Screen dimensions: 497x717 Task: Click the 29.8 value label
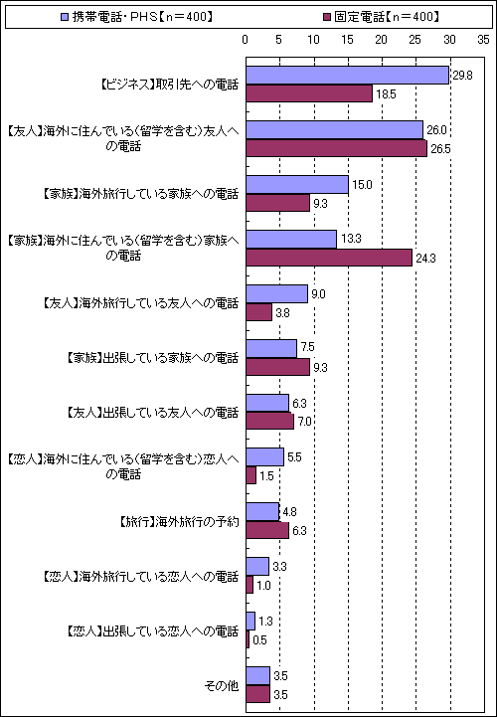(x=462, y=76)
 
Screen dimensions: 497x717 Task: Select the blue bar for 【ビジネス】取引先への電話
(x=348, y=76)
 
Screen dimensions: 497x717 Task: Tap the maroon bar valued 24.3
(x=329, y=257)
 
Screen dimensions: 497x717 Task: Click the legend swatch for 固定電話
(x=327, y=17)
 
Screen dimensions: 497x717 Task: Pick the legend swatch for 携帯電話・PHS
(x=65, y=17)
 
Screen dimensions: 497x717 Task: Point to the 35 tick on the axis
(x=483, y=40)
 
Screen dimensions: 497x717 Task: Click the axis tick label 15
(x=348, y=40)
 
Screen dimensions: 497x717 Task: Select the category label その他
(x=222, y=686)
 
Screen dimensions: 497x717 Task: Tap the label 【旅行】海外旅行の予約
(x=179, y=522)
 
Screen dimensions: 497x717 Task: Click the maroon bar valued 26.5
(x=337, y=148)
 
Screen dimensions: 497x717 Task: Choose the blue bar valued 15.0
(x=297, y=185)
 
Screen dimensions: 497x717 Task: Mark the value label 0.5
(x=259, y=640)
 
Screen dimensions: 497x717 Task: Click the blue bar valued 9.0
(x=277, y=294)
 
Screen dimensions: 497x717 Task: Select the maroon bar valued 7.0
(x=270, y=421)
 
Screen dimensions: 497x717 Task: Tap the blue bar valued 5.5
(x=265, y=457)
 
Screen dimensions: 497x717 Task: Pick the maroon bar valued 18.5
(x=309, y=93)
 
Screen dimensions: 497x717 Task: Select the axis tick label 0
(x=246, y=40)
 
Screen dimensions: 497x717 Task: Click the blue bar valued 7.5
(x=271, y=348)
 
